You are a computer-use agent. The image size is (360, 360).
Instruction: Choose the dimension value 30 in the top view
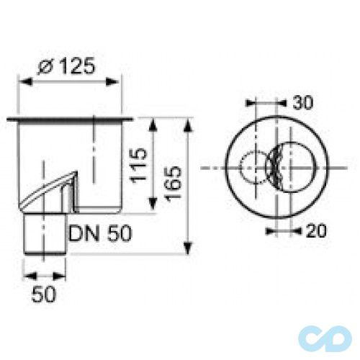(x=302, y=104)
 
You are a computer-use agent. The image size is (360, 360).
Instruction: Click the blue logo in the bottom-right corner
(x=328, y=338)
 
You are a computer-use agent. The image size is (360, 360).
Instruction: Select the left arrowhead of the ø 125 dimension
(x=22, y=81)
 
